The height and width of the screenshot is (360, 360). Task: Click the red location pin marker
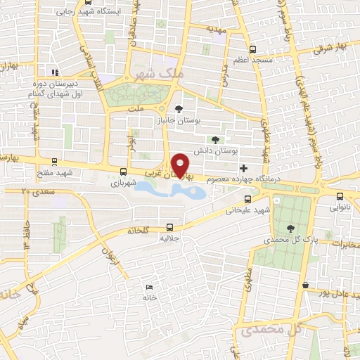[182, 165]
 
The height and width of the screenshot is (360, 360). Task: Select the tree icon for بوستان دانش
[224, 139]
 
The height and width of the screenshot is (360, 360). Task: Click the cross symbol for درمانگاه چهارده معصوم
[243, 167]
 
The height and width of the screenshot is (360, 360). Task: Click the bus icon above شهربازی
[124, 171]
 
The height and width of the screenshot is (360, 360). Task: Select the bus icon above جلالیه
[169, 226]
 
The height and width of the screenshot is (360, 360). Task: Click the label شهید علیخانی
[247, 210]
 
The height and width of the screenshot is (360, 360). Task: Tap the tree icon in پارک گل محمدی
[290, 228]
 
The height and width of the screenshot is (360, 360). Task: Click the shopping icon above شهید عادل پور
[305, 285]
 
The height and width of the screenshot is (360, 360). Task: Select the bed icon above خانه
[148, 287]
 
